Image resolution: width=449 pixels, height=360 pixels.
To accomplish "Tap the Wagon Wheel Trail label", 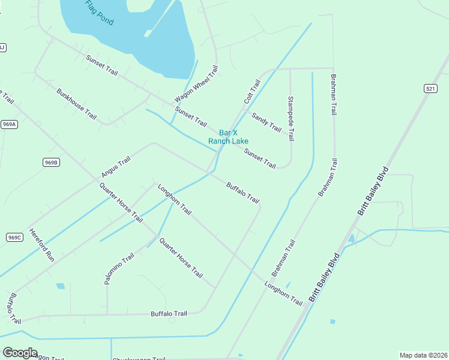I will coord(196,84).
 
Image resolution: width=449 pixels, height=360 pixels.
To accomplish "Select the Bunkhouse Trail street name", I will coord(76,104).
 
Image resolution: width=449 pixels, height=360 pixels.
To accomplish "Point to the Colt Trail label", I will coord(252,91).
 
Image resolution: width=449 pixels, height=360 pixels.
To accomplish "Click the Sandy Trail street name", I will coord(267,122).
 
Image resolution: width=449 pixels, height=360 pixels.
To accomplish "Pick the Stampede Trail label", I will coord(291,118).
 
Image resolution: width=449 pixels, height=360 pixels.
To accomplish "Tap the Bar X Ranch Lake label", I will coord(228,137).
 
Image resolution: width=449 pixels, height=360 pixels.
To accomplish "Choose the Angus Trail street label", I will coord(116,167).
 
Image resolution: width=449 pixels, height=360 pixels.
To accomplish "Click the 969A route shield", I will coord(9,124).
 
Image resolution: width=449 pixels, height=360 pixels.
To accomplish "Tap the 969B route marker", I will coord(51,163).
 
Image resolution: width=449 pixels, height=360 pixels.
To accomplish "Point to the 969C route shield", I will coord(14,237).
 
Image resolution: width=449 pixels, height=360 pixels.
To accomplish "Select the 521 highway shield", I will coord(430,89).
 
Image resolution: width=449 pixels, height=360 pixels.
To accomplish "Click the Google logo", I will coord(20,353).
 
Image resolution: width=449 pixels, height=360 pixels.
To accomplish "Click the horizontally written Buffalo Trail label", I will coord(169,314).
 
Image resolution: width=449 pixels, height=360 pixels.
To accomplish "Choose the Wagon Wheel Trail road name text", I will coord(196,84).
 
